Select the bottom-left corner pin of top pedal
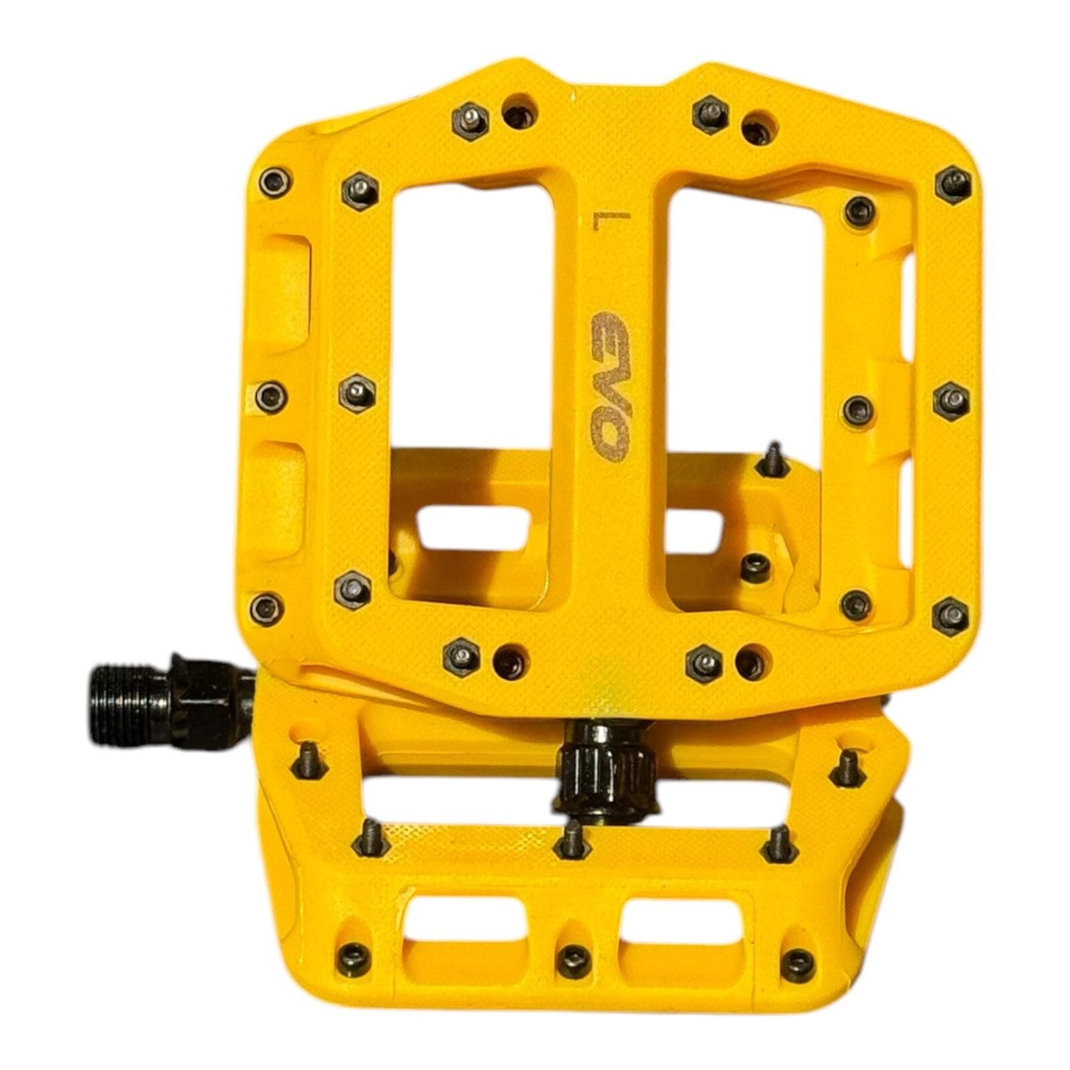(266, 607)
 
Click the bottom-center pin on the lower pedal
(573, 961)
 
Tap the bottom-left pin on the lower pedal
(355, 953)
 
